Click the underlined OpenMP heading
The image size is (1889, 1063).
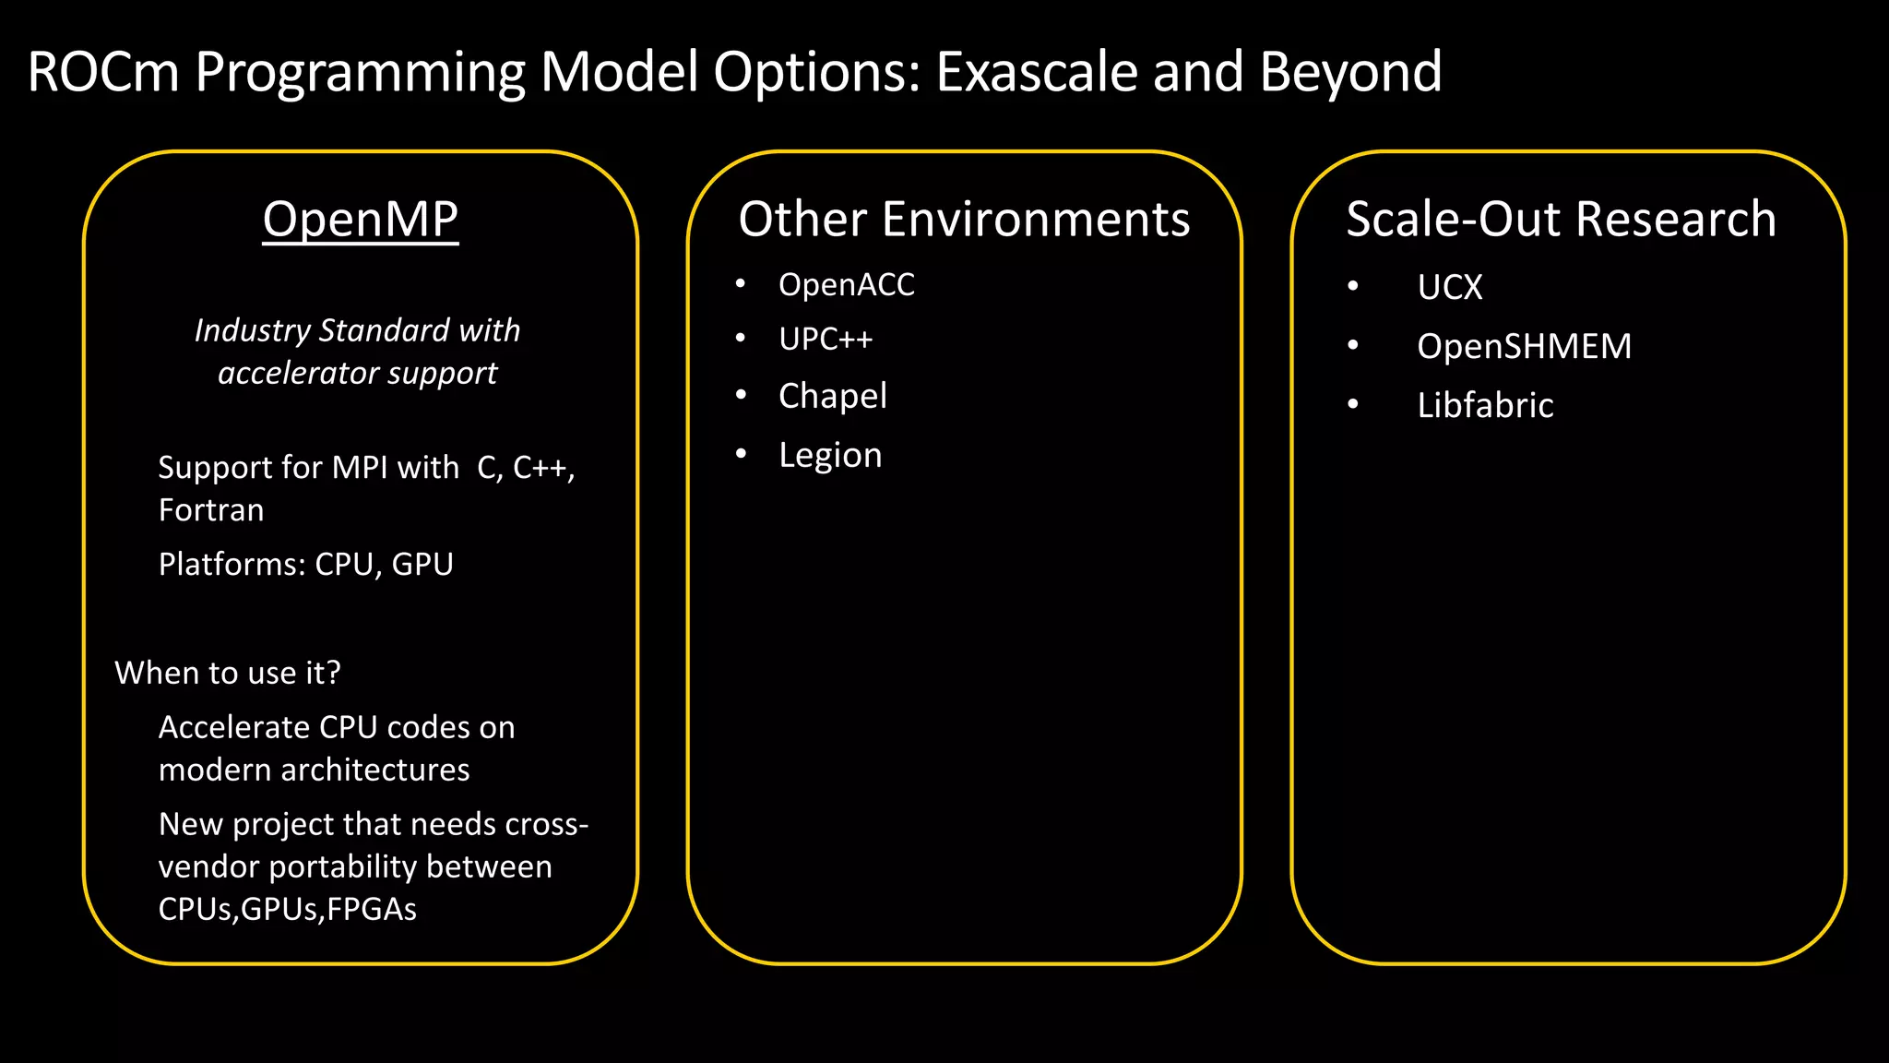coord(360,220)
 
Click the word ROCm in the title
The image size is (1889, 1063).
coord(102,72)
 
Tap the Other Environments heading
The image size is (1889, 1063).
coord(964,220)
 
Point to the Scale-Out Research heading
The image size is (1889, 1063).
coord(1561,220)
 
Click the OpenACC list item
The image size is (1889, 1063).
coord(846,285)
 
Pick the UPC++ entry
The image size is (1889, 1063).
coord(825,340)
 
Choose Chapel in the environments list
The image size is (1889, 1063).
coord(832,396)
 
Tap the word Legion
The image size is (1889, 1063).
coord(830,455)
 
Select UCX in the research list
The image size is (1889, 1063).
coord(1449,287)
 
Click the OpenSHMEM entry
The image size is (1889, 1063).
coord(1524,346)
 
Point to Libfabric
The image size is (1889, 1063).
coord(1485,405)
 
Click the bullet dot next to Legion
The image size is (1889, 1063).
coord(741,453)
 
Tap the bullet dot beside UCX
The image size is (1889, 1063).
coord(1352,286)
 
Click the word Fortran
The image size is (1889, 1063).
coord(211,510)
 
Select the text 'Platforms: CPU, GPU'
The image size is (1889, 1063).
coord(305,564)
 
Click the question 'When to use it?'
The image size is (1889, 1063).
coord(227,673)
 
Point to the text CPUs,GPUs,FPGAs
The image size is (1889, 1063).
coord(287,909)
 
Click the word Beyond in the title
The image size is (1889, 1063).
coord(1349,72)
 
